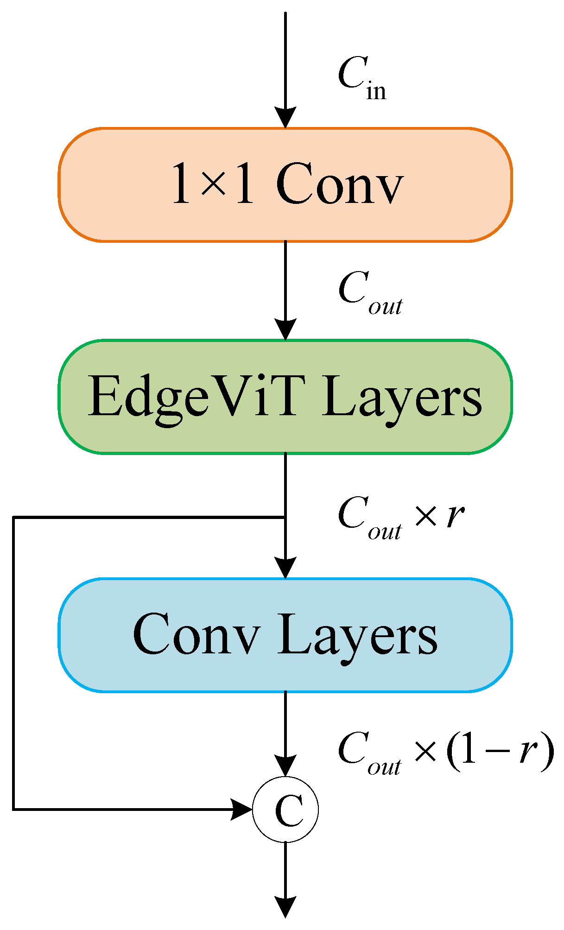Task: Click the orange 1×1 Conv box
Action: [x=285, y=184]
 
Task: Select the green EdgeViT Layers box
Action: [x=285, y=397]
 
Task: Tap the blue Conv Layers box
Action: [x=285, y=635]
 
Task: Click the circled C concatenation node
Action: [x=285, y=810]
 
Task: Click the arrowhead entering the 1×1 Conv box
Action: [x=285, y=118]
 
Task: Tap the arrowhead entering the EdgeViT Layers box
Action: [x=285, y=330]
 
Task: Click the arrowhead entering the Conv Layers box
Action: [x=285, y=568]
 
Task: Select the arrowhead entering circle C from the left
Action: [x=242, y=810]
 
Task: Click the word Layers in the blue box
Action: [x=357, y=635]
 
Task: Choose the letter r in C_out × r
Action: [x=455, y=515]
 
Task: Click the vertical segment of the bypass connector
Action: [x=14, y=663]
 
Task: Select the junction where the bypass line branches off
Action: [x=285, y=517]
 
